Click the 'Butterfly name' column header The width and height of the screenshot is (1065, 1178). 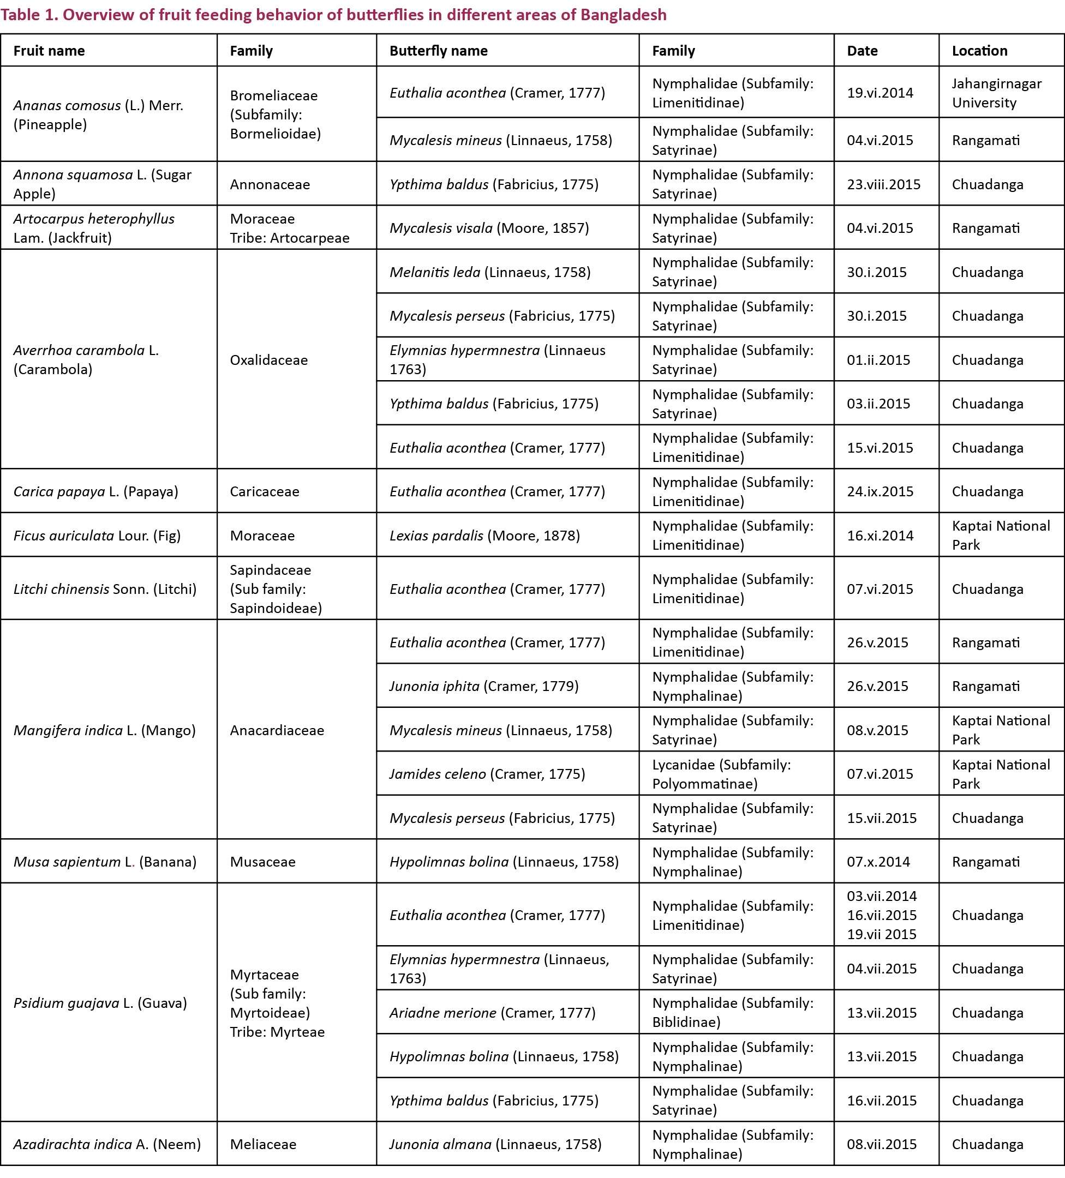click(x=439, y=51)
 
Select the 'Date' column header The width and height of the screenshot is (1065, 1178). click(x=862, y=51)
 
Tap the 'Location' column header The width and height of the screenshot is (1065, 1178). click(x=980, y=51)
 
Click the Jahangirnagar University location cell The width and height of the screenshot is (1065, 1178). click(x=996, y=93)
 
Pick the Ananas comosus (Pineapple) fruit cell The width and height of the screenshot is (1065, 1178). click(x=98, y=115)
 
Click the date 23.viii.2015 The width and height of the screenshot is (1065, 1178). click(x=883, y=185)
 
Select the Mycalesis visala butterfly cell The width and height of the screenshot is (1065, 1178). click(x=489, y=228)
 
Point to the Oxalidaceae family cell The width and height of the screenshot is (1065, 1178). click(x=268, y=360)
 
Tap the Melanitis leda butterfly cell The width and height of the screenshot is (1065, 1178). click(x=490, y=272)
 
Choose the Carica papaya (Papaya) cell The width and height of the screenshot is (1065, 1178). click(x=95, y=491)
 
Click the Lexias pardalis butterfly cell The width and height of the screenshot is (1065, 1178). click(x=484, y=535)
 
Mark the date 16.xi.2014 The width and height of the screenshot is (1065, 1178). click(x=879, y=535)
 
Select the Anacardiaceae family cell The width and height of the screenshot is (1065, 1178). click(x=277, y=730)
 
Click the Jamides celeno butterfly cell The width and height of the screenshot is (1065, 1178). click(x=487, y=774)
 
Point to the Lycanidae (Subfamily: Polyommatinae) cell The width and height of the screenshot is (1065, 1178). click(x=721, y=774)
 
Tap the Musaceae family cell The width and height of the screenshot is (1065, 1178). click(x=262, y=862)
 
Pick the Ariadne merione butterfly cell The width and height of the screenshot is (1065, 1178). click(x=492, y=1013)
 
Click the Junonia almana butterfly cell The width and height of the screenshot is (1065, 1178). click(x=495, y=1144)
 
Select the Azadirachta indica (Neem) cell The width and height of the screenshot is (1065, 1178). click(x=107, y=1144)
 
